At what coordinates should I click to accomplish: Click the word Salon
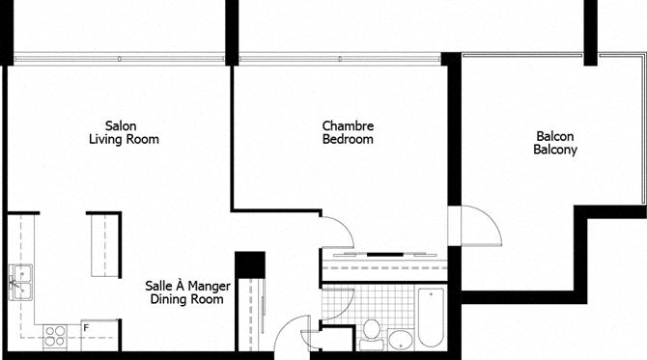pyautogui.click(x=121, y=125)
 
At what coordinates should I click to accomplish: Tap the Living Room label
pyautogui.click(x=124, y=139)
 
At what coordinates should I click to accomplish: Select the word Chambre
pyautogui.click(x=348, y=125)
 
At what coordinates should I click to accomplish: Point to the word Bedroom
pyautogui.click(x=348, y=139)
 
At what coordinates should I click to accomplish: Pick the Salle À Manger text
pyautogui.click(x=187, y=286)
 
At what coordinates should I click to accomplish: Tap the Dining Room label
pyautogui.click(x=187, y=299)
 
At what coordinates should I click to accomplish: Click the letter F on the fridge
pyautogui.click(x=86, y=328)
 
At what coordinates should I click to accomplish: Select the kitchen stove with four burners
pyautogui.click(x=55, y=336)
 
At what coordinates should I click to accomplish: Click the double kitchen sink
pyautogui.click(x=20, y=283)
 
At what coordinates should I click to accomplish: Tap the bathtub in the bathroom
pyautogui.click(x=432, y=318)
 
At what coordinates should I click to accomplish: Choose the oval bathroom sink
pyautogui.click(x=400, y=340)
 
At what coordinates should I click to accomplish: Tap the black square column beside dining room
pyautogui.click(x=250, y=264)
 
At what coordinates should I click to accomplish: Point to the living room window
pyautogui.click(x=120, y=59)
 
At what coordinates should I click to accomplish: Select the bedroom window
pyautogui.click(x=340, y=59)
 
